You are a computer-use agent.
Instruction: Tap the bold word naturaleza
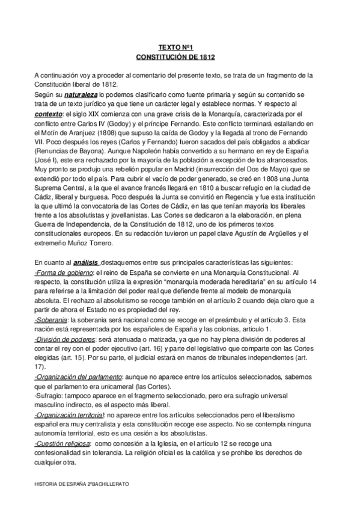point(82,95)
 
